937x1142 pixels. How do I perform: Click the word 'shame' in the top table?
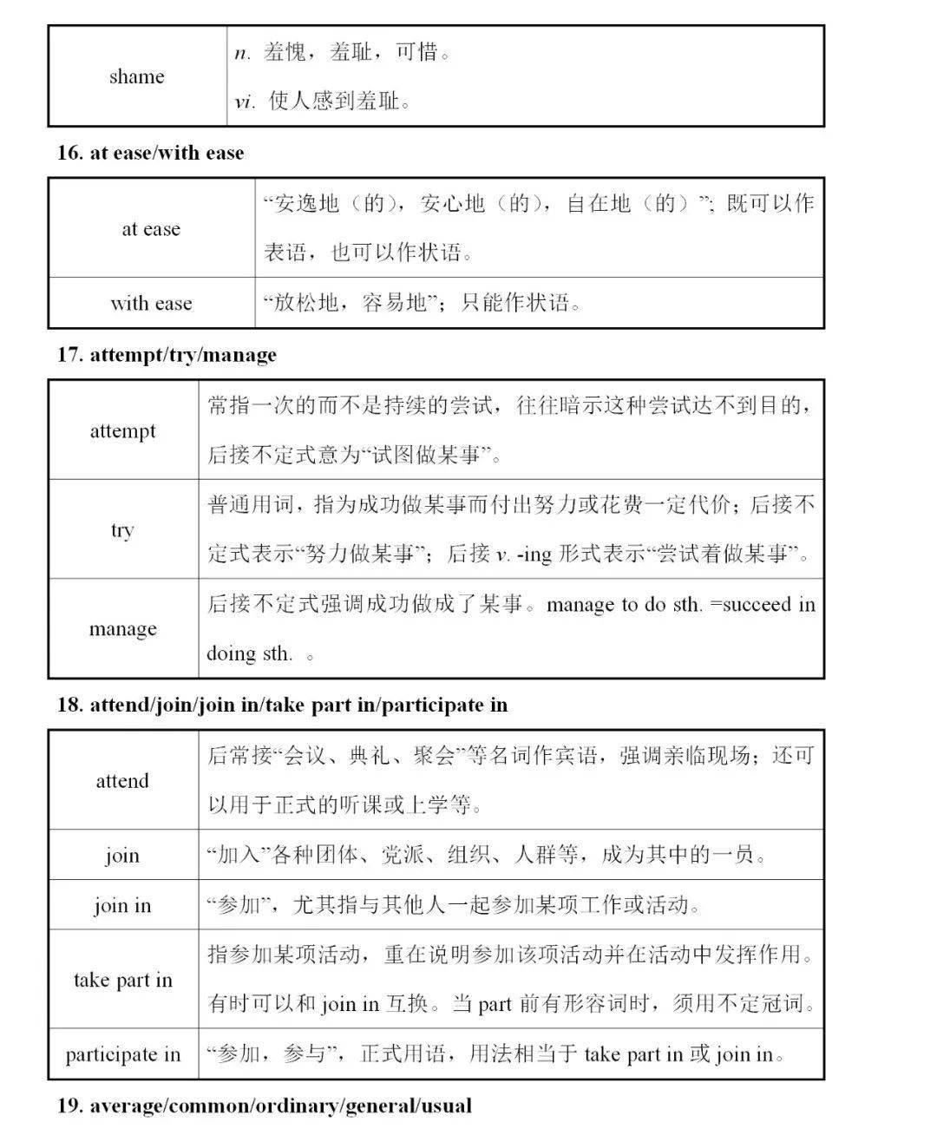[136, 76]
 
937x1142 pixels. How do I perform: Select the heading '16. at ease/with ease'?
[150, 153]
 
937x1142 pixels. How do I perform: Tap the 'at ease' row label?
[151, 229]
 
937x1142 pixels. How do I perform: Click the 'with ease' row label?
[151, 303]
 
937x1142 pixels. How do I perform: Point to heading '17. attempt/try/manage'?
[167, 354]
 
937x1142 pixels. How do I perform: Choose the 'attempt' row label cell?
[122, 430]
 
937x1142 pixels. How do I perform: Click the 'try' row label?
[122, 529]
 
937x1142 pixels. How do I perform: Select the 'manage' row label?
[122, 628]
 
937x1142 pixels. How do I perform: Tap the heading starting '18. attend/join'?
[282, 705]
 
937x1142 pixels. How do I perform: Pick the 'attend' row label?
[122, 780]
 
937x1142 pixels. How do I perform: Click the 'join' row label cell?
[122, 856]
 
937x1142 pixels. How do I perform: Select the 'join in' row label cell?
[122, 906]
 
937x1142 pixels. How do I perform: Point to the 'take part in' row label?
[122, 980]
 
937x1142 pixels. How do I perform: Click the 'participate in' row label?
[122, 1054]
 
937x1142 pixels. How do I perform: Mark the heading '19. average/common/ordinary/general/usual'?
[265, 1106]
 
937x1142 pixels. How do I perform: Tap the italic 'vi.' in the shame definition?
[245, 102]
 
